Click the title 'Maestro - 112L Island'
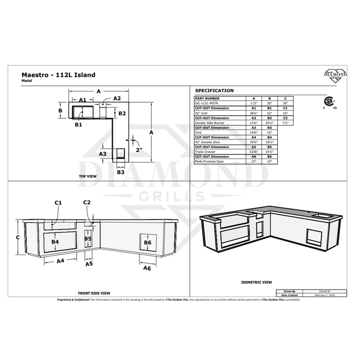pyautogui.click(x=58, y=75)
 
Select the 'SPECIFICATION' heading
pyautogui.click(x=214, y=91)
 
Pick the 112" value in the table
pyautogui.click(x=253, y=103)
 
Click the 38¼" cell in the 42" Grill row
pyautogui.click(x=253, y=113)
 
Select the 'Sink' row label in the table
pyautogui.click(x=199, y=133)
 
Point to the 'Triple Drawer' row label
pyautogui.click(x=205, y=152)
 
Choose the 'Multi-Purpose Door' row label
pyautogui.click(x=209, y=162)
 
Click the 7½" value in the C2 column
pyautogui.click(x=285, y=123)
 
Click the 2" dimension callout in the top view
pyautogui.click(x=139, y=150)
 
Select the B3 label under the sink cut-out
pyautogui.click(x=120, y=172)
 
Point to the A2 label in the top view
pyautogui.click(x=117, y=98)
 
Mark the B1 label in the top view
pyautogui.click(x=78, y=124)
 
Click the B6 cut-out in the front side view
pyautogui.click(x=148, y=242)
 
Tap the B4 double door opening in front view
pyautogui.click(x=55, y=241)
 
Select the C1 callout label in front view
pyautogui.click(x=58, y=203)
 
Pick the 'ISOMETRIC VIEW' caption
pyautogui.click(x=256, y=282)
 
